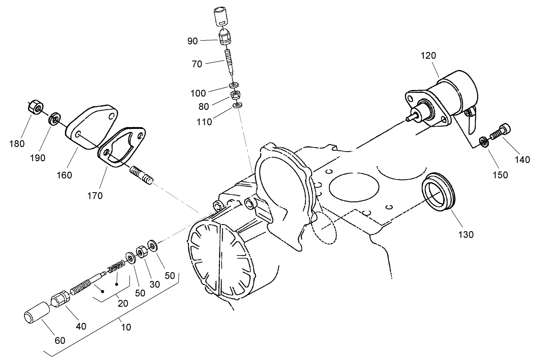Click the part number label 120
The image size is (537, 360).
tap(429, 55)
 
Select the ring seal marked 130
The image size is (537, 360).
tap(438, 192)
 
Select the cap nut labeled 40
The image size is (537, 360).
tap(60, 301)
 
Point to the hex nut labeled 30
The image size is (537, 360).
tap(142, 253)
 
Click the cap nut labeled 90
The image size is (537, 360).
tap(225, 38)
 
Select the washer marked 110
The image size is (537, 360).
tap(237, 105)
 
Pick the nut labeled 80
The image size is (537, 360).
tap(235, 95)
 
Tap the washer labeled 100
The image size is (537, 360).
tap(234, 85)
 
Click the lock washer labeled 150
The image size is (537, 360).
tap(484, 142)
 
